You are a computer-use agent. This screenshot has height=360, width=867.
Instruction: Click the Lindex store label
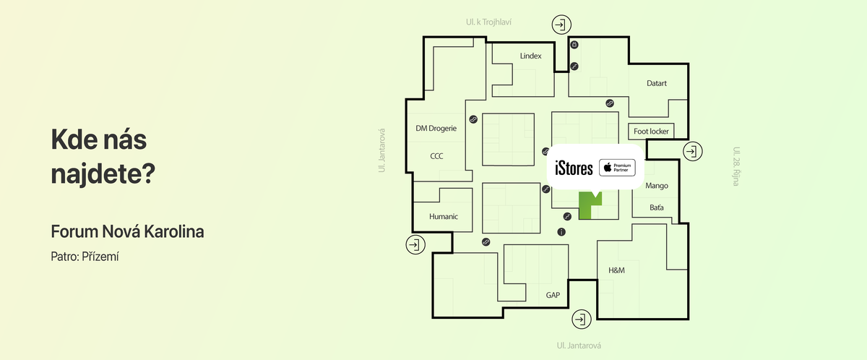[x=530, y=56]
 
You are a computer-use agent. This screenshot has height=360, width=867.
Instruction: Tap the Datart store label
[x=657, y=83]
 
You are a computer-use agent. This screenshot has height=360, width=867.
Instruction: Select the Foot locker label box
[x=651, y=132]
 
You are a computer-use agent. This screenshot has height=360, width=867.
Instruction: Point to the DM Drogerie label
[x=436, y=129]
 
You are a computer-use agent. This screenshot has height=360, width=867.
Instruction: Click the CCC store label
[x=436, y=156]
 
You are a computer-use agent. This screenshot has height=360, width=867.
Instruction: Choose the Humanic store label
[x=444, y=217]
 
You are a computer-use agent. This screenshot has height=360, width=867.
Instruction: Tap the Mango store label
[x=657, y=187]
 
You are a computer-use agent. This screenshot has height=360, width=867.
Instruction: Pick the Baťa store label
[x=657, y=207]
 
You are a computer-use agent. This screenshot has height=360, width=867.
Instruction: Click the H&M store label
[x=616, y=270]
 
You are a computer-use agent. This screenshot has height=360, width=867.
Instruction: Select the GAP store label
[x=553, y=295]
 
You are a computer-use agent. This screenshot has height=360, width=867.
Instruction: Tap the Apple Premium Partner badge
[x=617, y=168]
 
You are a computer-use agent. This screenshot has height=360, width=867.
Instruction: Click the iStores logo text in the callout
[x=574, y=168]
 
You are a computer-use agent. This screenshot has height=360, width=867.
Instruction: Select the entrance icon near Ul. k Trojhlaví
[x=561, y=25]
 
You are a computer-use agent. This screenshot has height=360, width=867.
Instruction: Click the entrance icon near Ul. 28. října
[x=692, y=151]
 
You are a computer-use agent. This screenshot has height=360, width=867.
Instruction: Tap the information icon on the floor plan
[x=561, y=232]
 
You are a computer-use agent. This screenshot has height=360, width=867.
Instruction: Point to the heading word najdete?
[x=103, y=174]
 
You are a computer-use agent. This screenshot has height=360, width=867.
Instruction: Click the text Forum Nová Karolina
[x=127, y=231]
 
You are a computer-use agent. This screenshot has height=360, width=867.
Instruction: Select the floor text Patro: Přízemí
[x=85, y=257]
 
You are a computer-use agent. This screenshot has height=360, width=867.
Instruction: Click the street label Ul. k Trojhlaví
[x=488, y=22]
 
